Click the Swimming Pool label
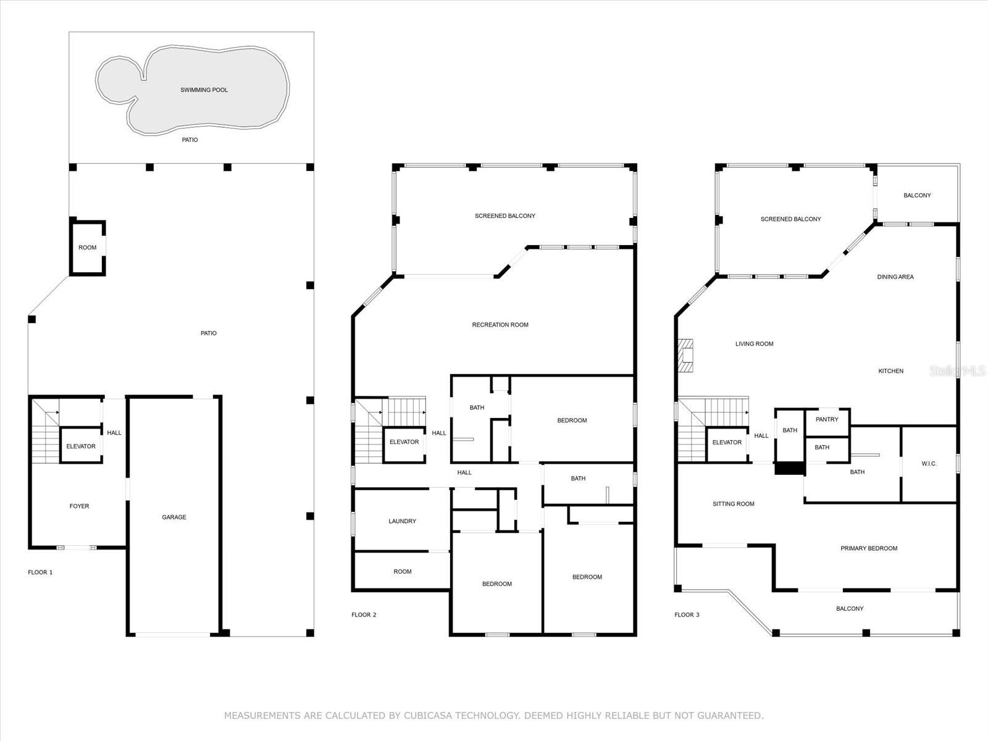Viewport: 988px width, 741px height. coord(204,90)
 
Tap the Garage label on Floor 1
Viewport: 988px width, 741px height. coord(174,517)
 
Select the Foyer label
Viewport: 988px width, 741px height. coord(79,506)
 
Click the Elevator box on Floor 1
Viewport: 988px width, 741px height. coord(81,445)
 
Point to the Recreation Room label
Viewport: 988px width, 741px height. coord(500,325)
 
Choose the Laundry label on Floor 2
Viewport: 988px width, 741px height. coord(403,521)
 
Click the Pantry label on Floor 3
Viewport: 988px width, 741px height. coord(827,419)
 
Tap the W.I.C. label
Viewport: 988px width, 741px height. coord(929,463)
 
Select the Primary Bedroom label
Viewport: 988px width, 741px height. coord(869,548)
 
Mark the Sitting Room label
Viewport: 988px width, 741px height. coord(733,504)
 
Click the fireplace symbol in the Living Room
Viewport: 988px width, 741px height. coord(685,356)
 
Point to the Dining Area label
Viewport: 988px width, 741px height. coord(895,277)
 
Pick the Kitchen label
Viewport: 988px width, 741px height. coord(891,371)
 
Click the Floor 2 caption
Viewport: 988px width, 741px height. coord(364,614)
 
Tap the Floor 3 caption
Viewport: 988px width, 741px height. coord(687,614)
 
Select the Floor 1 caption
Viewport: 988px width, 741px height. coord(40,572)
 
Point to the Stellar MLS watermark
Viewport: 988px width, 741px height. coord(957,371)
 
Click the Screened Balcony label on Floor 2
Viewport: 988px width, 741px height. coord(505,216)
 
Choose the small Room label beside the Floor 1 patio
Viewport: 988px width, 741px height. coord(87,248)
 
